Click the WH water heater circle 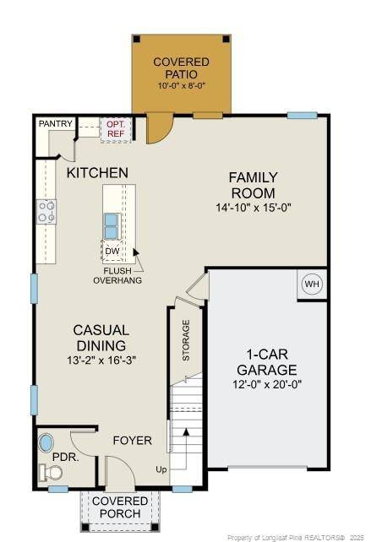312,285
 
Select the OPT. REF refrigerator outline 115,127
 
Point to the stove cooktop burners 46,211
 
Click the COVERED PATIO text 182,68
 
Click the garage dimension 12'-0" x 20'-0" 266,384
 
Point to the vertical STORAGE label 186,340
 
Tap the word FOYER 132,440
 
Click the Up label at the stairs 161,469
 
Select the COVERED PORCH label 119,507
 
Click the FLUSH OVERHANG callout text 117,275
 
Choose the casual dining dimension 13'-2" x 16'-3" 101,360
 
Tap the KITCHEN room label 97,172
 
